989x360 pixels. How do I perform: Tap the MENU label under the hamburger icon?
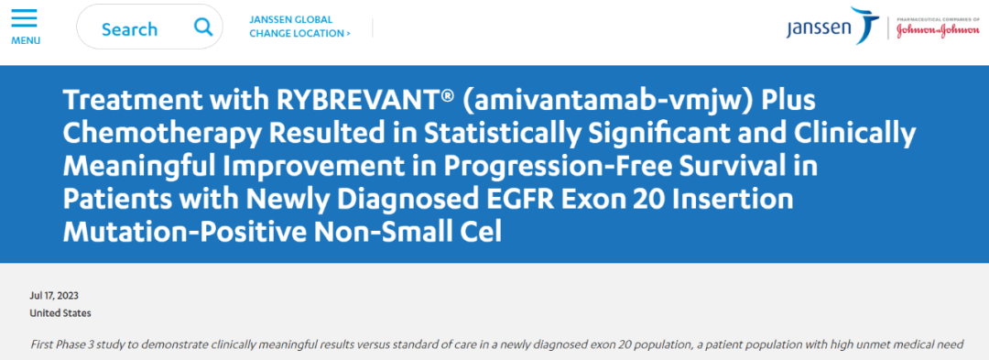click(25, 40)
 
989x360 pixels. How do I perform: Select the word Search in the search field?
click(129, 29)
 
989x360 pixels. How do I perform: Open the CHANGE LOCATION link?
click(299, 34)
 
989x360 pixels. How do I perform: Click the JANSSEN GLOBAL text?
click(290, 19)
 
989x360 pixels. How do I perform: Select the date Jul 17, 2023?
click(54, 295)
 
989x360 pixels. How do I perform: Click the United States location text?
click(60, 313)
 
